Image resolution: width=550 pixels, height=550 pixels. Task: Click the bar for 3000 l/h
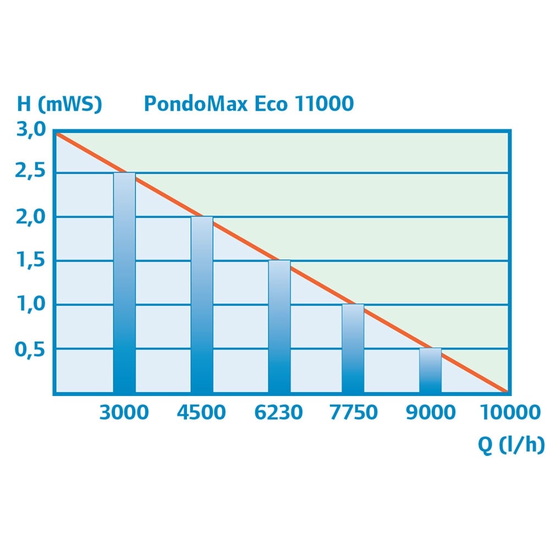coord(124,283)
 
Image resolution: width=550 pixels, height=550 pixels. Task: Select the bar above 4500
coord(202,305)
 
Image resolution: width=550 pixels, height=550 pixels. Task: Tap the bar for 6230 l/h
coord(279,327)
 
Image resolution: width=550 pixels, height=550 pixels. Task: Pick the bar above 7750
coord(353,349)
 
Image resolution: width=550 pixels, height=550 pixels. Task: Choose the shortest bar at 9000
coord(430,371)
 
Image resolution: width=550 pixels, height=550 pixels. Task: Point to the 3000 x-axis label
coord(124,413)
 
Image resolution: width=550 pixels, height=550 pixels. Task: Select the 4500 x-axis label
coord(201,413)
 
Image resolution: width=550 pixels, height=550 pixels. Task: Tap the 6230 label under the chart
coord(279,413)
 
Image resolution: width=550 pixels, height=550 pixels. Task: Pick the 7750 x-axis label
coord(354,413)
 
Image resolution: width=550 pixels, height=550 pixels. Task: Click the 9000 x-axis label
coord(431,413)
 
